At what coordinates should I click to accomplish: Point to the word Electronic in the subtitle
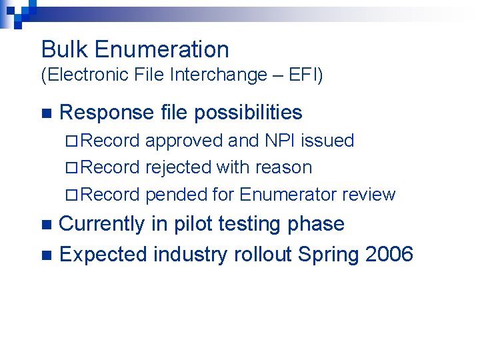coord(89,75)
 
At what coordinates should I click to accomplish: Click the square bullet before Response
coord(45,113)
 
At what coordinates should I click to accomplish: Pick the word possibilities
coord(248,113)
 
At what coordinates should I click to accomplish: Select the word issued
coord(327,141)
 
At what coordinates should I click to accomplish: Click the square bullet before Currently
coord(45,225)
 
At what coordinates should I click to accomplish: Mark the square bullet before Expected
coord(45,255)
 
